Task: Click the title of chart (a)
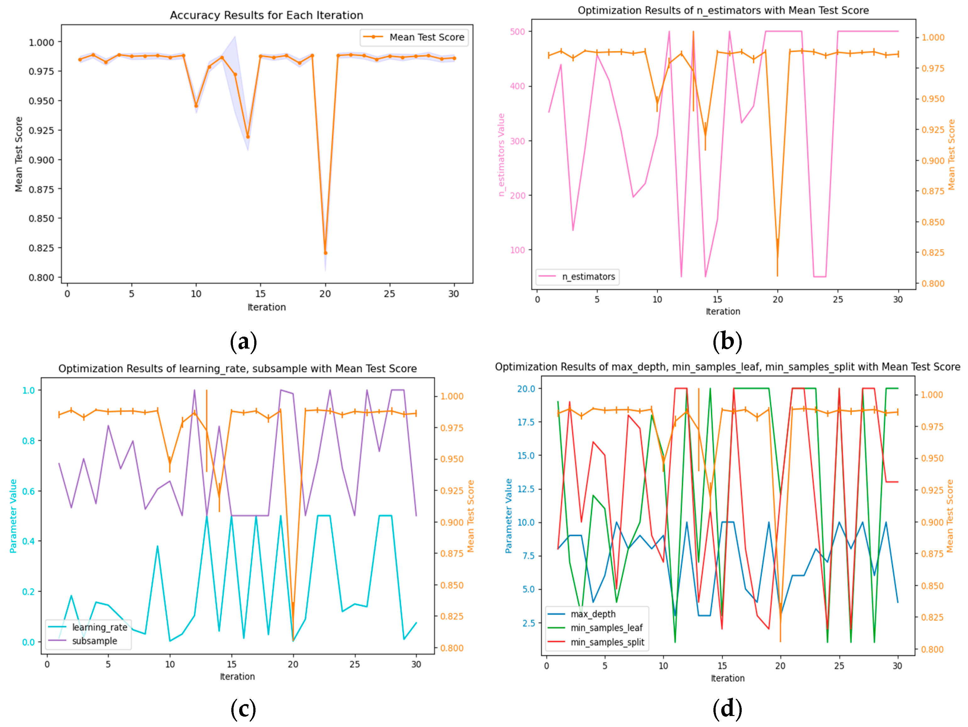(x=267, y=15)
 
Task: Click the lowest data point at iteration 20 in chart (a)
(x=325, y=253)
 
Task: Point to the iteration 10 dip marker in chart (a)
(x=196, y=106)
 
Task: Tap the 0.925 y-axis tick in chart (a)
(x=41, y=130)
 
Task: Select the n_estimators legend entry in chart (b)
(x=588, y=277)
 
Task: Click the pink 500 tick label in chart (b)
(x=517, y=31)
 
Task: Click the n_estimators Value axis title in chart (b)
(x=502, y=155)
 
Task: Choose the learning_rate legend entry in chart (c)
(x=99, y=627)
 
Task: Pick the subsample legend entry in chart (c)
(x=95, y=641)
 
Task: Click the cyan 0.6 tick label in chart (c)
(x=29, y=491)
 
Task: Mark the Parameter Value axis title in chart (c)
(x=13, y=516)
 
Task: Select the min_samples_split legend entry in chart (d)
(x=607, y=642)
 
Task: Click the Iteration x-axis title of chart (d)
(x=727, y=678)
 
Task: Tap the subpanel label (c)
(x=243, y=709)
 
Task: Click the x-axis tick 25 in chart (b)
(x=838, y=299)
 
